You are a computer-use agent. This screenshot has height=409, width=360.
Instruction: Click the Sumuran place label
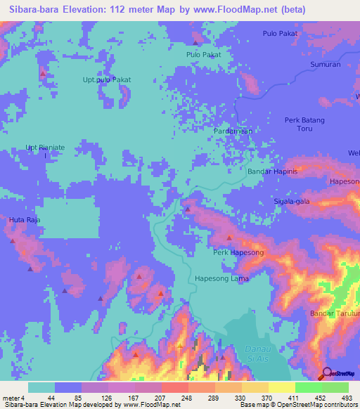click(326, 65)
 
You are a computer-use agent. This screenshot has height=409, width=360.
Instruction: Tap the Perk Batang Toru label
click(304, 124)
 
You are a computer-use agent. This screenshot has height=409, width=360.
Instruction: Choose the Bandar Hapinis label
click(274, 171)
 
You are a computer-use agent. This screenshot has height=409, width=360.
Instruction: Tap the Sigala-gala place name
click(292, 201)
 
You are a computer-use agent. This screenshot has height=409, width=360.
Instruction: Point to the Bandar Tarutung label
click(335, 313)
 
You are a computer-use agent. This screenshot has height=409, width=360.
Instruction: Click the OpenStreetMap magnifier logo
click(326, 374)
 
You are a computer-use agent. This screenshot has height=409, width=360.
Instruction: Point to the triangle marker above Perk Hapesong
click(229, 238)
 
